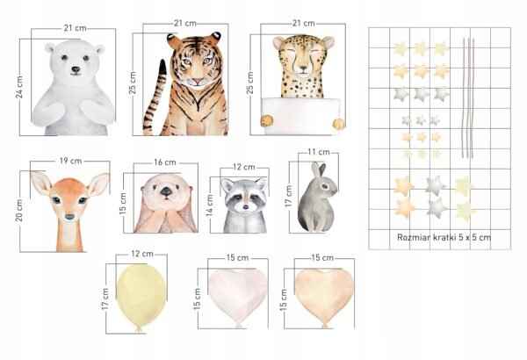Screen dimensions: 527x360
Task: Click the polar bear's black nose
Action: click(76, 69)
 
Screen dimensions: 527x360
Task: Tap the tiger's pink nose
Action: click(198, 82)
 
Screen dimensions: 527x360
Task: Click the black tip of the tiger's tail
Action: click(163, 67)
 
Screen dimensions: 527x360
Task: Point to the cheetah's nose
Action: click(303, 68)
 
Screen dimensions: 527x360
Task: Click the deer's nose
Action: click(69, 217)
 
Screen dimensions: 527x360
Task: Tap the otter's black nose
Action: click(166, 191)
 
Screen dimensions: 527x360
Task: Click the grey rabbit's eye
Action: click(325, 186)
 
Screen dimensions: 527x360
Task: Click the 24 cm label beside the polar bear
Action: click(19, 88)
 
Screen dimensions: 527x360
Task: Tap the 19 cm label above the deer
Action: click(70, 161)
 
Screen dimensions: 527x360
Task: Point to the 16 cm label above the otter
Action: click(165, 162)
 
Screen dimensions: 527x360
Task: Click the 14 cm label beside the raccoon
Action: click(210, 205)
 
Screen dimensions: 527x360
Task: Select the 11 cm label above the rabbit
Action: click(319, 152)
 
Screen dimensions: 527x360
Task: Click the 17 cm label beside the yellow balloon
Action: click(105, 299)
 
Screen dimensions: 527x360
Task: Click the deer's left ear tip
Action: click(32, 173)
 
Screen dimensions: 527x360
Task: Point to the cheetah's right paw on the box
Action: click(339, 124)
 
